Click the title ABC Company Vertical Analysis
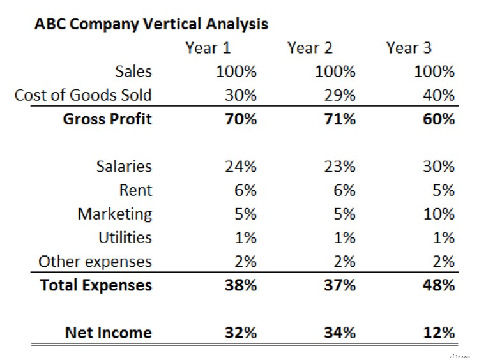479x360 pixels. click(x=151, y=24)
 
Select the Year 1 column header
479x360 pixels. click(x=208, y=48)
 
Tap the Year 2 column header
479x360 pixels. click(x=310, y=48)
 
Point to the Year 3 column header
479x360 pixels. click(x=409, y=48)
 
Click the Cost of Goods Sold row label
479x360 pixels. click(x=83, y=96)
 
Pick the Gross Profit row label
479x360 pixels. click(x=107, y=119)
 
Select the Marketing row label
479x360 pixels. click(x=115, y=214)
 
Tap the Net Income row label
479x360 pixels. click(x=109, y=333)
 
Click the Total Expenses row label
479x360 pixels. click(x=96, y=285)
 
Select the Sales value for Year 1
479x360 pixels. click(x=236, y=71)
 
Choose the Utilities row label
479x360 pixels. click(x=125, y=237)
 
